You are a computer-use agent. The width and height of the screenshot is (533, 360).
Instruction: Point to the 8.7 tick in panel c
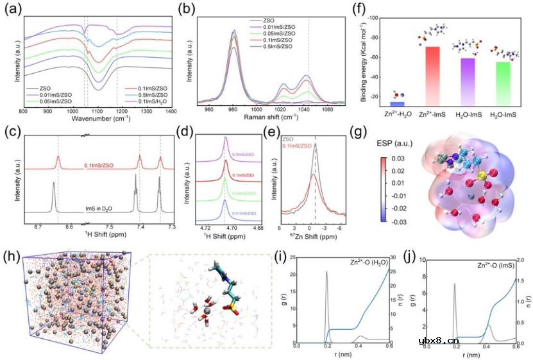click(38, 227)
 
